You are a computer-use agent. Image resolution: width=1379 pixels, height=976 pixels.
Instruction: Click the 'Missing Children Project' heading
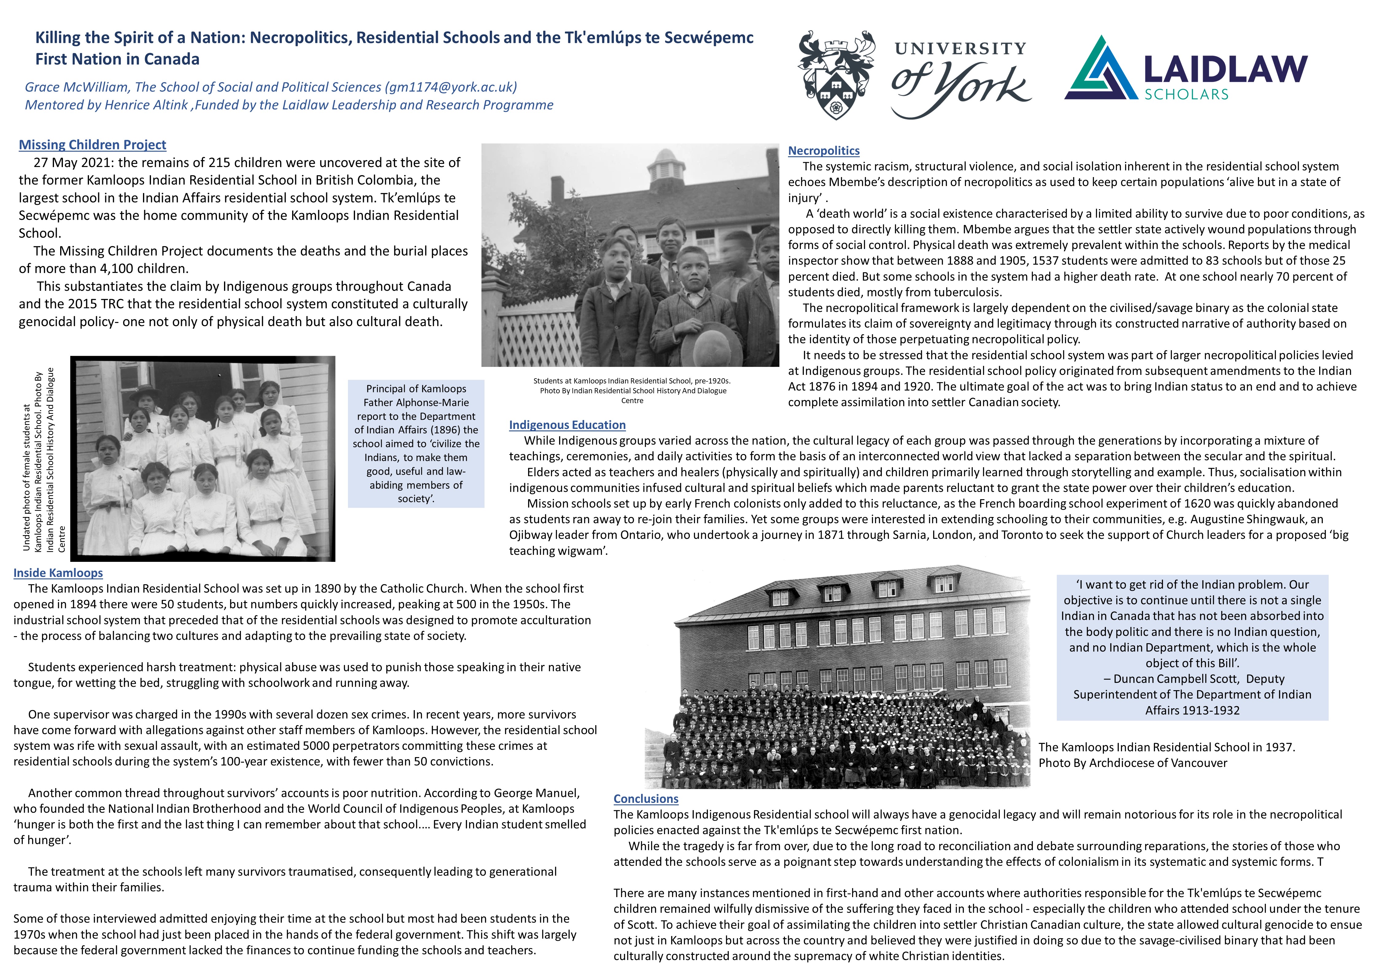[92, 145]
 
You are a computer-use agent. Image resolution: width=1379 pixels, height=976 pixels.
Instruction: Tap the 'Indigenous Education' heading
[567, 425]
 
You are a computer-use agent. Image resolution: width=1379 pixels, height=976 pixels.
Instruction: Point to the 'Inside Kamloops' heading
[58, 573]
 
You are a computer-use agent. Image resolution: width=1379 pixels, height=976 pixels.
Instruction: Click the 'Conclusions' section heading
[646, 799]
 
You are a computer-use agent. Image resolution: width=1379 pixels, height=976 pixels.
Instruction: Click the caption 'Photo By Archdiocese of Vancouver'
[1133, 763]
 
